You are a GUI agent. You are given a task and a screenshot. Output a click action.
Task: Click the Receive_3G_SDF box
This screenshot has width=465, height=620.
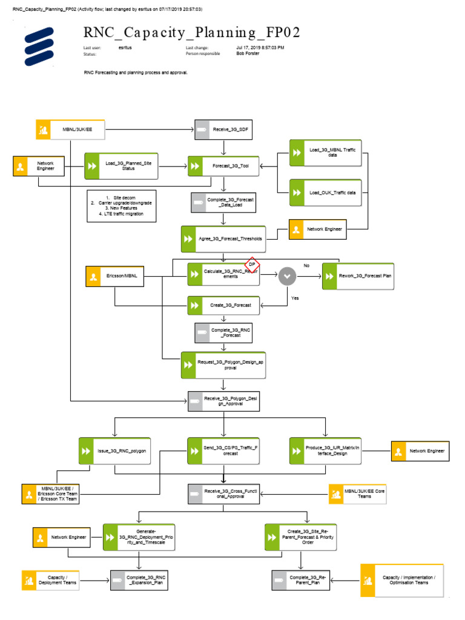pos(223,129)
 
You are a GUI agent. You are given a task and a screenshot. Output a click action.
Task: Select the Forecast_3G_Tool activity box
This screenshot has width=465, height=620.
pos(223,166)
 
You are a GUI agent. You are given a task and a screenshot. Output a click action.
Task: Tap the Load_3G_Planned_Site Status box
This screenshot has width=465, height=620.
pos(121,165)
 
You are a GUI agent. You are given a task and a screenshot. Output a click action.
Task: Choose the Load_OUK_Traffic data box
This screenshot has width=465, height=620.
pos(325,193)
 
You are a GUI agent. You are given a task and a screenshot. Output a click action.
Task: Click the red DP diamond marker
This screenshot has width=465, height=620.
pos(252,265)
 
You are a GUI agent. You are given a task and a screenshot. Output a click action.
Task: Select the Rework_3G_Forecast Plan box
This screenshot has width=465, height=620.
pos(357,276)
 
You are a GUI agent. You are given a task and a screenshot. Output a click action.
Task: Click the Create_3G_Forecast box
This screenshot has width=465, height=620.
pos(223,305)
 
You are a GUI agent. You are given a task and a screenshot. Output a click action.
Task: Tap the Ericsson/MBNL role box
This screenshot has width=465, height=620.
pos(114,276)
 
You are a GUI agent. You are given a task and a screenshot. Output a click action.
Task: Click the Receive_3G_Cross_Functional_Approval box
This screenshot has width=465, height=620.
pos(223,494)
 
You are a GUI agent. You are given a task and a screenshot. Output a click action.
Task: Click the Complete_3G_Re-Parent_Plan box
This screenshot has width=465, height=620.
pos(300,580)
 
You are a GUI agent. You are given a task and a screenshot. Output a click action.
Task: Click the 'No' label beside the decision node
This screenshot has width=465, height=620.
pos(306,266)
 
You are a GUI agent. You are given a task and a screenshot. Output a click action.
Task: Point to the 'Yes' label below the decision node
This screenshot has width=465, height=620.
pos(295,298)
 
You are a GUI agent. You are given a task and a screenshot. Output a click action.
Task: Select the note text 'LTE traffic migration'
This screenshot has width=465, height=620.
pos(124,214)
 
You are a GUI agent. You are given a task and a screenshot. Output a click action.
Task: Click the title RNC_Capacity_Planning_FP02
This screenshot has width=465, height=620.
pos(191,32)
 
